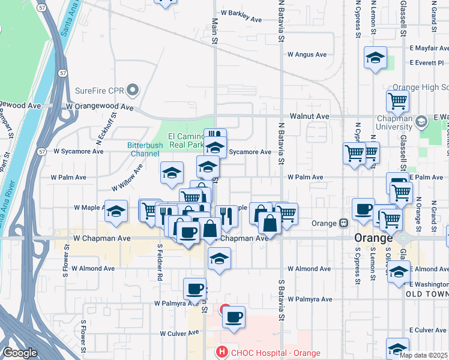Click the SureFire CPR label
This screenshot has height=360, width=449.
(x=100, y=91)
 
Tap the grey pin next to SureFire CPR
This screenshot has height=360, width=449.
(x=133, y=91)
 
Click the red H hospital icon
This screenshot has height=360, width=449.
(x=222, y=352)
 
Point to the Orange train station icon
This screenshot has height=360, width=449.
(x=344, y=223)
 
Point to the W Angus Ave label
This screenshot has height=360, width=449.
(x=307, y=55)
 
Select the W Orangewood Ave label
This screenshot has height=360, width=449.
(x=100, y=107)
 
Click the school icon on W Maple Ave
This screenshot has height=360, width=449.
(x=116, y=211)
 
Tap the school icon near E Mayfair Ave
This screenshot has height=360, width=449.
(x=375, y=58)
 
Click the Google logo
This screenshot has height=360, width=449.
(x=20, y=353)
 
